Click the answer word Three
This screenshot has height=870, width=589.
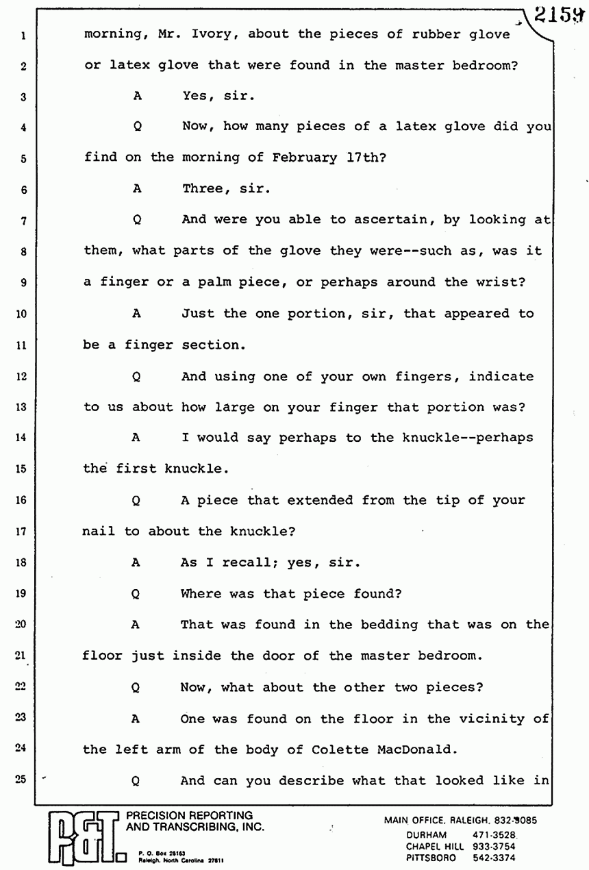[x=202, y=188]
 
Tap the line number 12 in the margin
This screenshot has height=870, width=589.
[x=23, y=376]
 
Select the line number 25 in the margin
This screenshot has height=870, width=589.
[x=23, y=780]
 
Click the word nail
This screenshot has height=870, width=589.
[x=99, y=532]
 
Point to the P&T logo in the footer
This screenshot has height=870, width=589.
[x=82, y=838]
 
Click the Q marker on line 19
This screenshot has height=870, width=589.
[x=136, y=594]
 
